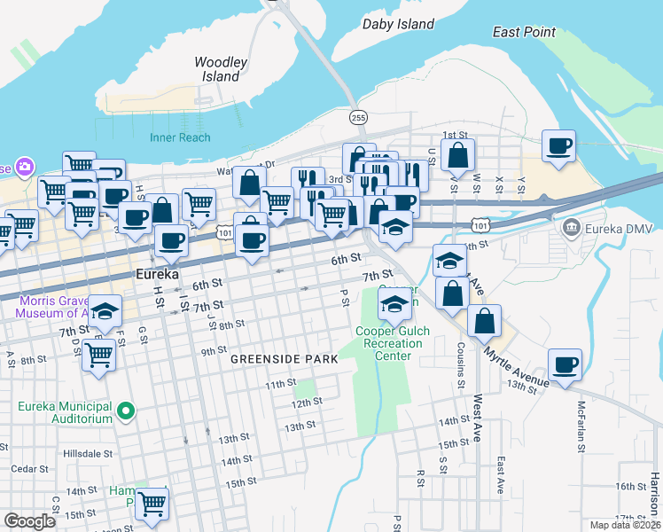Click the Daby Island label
coord(398,24)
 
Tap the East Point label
coord(525,32)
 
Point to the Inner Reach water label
coord(180,137)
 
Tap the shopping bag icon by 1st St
coord(457,156)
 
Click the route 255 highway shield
coord(358,117)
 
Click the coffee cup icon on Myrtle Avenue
coord(565,364)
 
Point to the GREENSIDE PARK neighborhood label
coord(284,359)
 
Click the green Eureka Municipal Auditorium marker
coord(126,410)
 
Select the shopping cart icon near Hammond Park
coord(152,503)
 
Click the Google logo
coord(29,521)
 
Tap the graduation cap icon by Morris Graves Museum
coord(105,310)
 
